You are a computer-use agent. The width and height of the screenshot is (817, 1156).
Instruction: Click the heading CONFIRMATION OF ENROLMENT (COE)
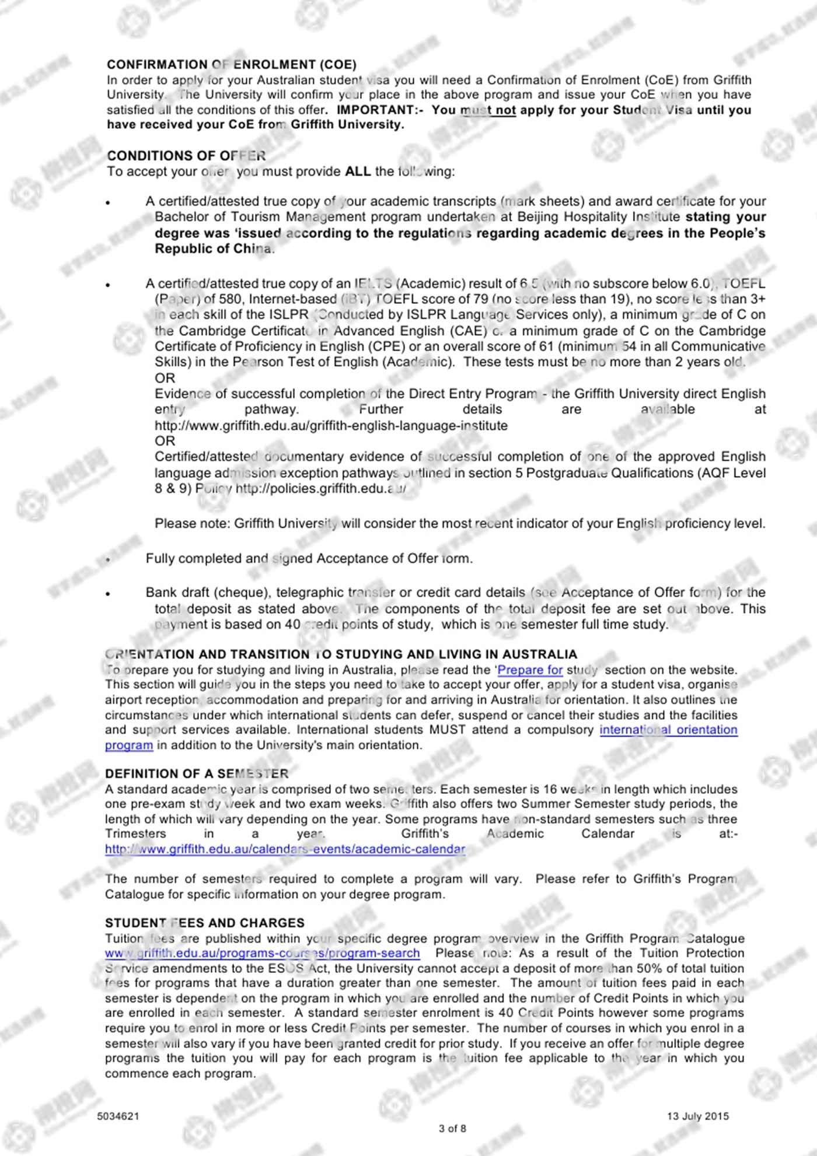coord(232,64)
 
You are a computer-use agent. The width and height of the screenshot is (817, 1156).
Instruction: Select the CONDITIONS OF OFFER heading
coord(186,156)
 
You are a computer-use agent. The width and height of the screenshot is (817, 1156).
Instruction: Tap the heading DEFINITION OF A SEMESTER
coord(197,773)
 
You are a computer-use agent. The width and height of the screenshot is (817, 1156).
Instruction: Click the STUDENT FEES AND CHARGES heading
coord(204,923)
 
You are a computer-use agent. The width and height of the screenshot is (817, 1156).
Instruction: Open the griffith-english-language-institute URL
coord(331,426)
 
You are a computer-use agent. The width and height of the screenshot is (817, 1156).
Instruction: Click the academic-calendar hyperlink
coord(285,849)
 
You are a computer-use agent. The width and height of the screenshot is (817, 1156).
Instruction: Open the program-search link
coord(262,953)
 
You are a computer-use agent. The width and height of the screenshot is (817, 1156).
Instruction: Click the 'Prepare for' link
coord(530,670)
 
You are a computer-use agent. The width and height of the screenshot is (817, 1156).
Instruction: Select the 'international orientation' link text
coord(668,730)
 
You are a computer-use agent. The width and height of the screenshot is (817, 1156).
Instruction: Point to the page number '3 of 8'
coord(452,1128)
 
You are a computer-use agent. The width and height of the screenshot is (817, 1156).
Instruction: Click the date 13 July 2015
coord(698,1116)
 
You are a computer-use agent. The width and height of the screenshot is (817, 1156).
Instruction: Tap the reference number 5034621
coord(118,1116)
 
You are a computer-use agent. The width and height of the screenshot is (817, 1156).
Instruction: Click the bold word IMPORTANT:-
coord(380,110)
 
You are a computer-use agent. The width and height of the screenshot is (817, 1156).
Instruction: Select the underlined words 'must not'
coord(488,110)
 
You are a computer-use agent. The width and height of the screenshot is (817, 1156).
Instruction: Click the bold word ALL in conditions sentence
coord(358,171)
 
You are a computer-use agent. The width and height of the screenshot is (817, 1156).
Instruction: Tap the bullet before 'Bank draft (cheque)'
coord(108,594)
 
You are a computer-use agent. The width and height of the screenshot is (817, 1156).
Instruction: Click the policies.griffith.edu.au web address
coord(320,489)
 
